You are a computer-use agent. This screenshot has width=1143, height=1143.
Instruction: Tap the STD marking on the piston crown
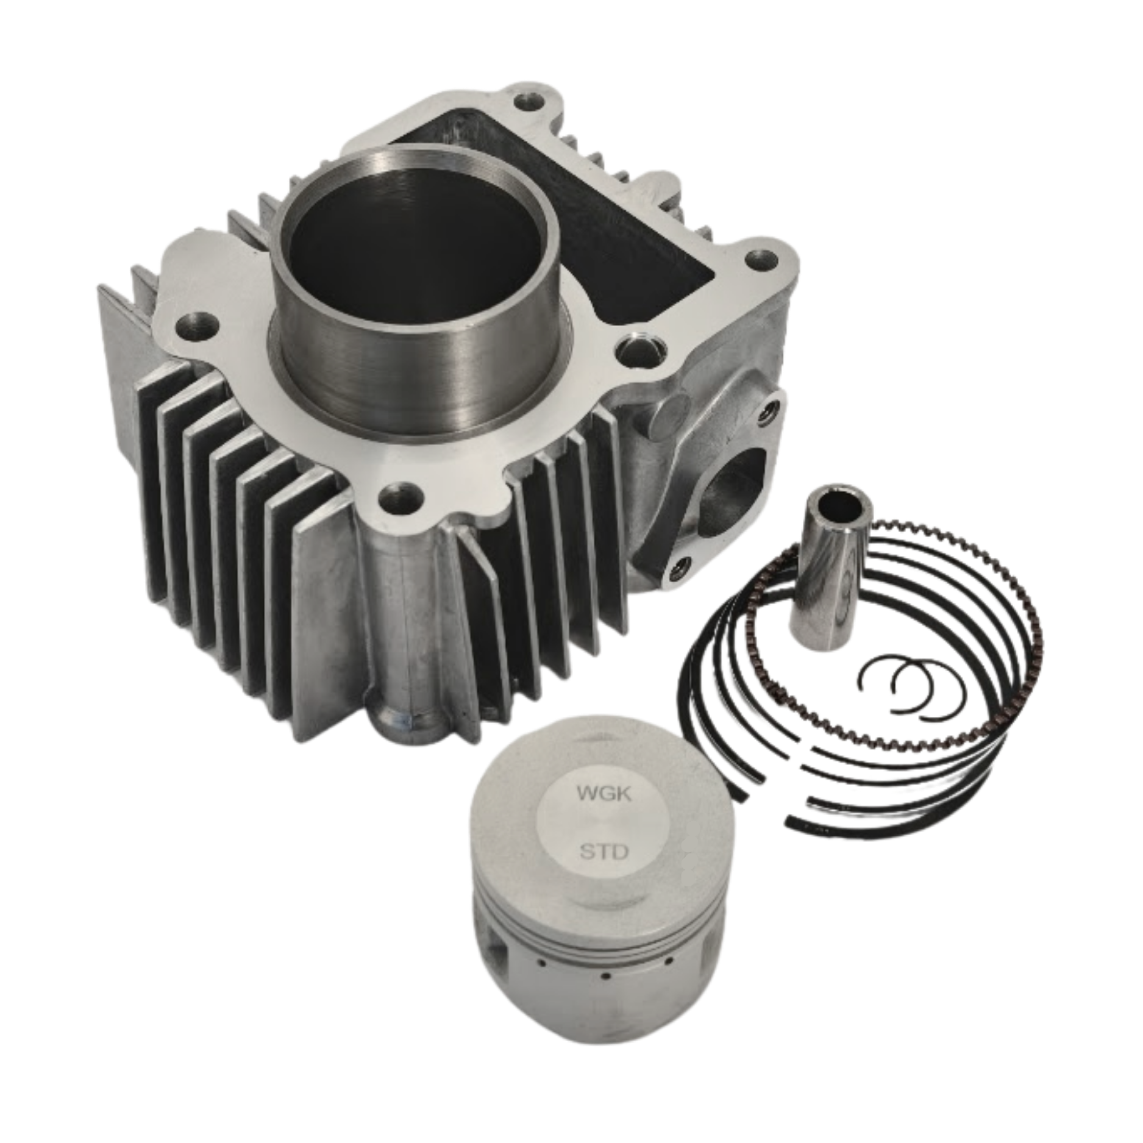pos(602,851)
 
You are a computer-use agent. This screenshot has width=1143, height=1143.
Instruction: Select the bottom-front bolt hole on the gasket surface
pos(400,497)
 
